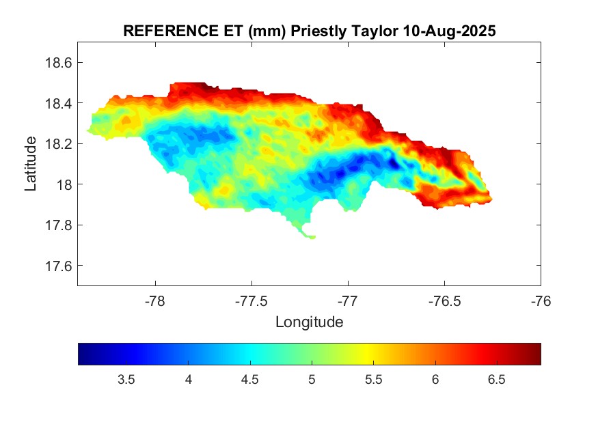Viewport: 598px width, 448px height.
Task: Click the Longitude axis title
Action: coord(309,321)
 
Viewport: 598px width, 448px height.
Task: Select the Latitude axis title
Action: coord(31,163)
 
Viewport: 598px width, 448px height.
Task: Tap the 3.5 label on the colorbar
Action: coord(126,380)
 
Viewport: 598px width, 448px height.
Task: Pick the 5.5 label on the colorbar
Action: coord(373,380)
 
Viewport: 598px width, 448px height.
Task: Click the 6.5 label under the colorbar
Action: coord(497,380)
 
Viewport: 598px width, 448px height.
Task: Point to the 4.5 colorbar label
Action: coord(249,380)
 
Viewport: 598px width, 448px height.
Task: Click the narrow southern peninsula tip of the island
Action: coord(312,237)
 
